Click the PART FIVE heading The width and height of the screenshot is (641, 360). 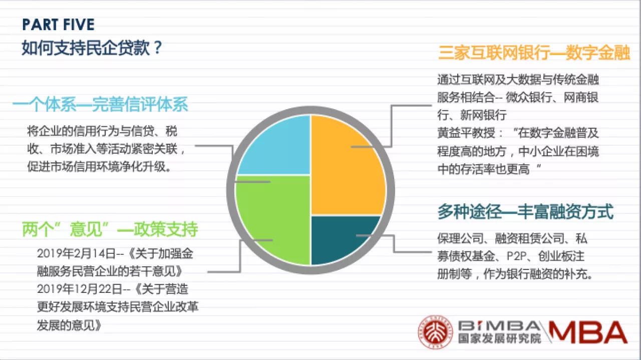(59, 25)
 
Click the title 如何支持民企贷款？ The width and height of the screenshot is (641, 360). (92, 48)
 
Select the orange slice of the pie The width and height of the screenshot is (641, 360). (348, 165)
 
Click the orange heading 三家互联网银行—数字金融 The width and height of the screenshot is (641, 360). (534, 53)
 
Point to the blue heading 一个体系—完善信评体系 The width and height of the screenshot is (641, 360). (100, 104)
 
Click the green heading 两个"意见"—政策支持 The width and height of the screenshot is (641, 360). (110, 229)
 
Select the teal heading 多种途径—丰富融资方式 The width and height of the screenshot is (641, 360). (525, 212)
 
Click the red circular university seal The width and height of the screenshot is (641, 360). (435, 332)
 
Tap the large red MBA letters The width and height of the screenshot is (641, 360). (587, 332)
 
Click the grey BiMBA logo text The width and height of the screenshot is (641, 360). (499, 325)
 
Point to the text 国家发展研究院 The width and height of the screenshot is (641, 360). (499, 338)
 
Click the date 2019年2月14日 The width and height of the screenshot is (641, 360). (76, 253)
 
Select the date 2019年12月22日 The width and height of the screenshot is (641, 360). (80, 289)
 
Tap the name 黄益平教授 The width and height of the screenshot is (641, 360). (466, 133)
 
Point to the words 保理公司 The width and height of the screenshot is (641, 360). (460, 238)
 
